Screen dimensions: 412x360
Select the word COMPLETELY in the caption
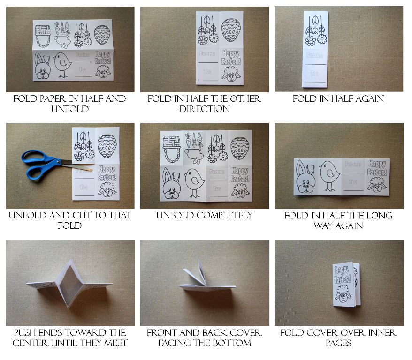pyautogui.click(x=224, y=216)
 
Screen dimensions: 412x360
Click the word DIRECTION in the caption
pyautogui.click(x=205, y=109)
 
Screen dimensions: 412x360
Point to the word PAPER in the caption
pyautogui.click(x=53, y=98)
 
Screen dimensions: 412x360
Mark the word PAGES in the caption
pyautogui.click(x=338, y=343)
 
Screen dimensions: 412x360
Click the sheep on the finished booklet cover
pyautogui.click(x=343, y=294)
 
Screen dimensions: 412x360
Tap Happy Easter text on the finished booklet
pyautogui.click(x=343, y=274)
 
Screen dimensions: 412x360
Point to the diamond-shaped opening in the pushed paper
pyautogui.click(x=71, y=284)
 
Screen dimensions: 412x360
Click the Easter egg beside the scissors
pyautogui.click(x=107, y=146)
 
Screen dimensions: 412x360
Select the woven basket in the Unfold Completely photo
pyautogui.click(x=172, y=149)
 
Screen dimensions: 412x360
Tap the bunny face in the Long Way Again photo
pyautogui.click(x=305, y=177)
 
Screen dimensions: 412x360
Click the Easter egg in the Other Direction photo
pyautogui.click(x=231, y=30)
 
